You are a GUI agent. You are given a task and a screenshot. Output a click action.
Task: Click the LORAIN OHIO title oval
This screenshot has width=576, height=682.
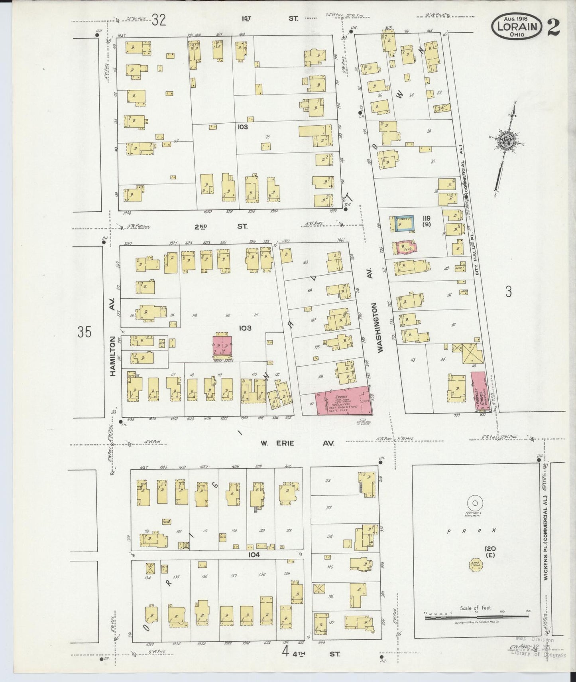[517, 26]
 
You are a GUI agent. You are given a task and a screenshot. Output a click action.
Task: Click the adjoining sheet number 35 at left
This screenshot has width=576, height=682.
[85, 332]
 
